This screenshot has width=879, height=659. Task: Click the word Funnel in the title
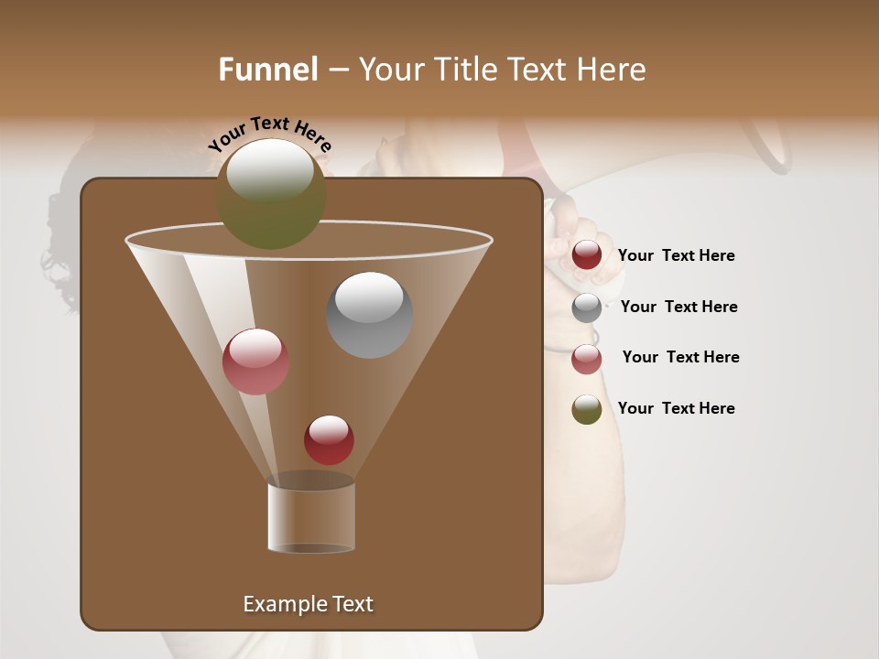coord(267,70)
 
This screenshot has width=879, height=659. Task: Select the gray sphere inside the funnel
coord(369,315)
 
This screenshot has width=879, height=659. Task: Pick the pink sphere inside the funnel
coord(255,362)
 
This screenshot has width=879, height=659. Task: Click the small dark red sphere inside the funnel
coord(329,439)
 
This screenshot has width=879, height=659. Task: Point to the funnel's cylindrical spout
coord(311,517)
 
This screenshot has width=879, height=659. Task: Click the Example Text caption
coord(308,604)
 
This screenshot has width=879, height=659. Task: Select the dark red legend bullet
coord(587,255)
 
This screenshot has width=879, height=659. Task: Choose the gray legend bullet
coord(587,308)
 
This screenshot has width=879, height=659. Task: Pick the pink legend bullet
coord(587,359)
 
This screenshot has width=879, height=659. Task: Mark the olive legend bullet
coord(587,409)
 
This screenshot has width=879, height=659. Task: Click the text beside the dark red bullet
coord(676,256)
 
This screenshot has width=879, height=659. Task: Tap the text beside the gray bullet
coord(678,307)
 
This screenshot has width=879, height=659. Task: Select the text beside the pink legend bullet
coord(680,357)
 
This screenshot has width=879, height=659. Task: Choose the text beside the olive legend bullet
coord(676,408)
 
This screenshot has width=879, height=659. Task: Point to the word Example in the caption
coord(283,604)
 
